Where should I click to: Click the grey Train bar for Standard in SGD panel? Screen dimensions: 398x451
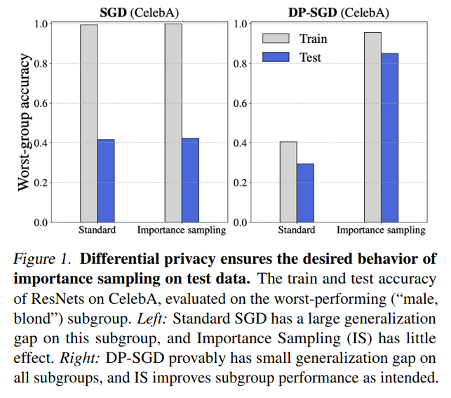pos(89,124)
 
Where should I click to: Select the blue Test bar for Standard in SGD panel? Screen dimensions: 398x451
pos(106,181)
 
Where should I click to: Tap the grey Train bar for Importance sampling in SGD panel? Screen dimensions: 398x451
pos(173,124)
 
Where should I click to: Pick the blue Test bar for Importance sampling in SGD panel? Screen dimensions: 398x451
pos(190,180)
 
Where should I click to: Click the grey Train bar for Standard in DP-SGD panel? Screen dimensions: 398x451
pos(288,183)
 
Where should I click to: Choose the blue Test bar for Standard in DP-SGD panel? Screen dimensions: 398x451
pos(305,193)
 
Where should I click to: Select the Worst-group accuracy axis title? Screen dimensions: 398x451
pos(25,123)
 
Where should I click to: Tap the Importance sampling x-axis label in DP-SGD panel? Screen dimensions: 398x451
pos(381,230)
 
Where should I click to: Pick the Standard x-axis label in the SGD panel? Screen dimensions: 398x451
pos(97,230)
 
